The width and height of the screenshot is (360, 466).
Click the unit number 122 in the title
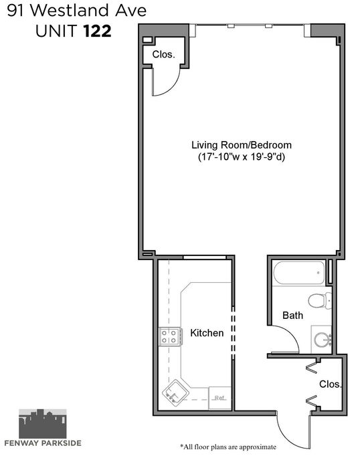[x=97, y=31]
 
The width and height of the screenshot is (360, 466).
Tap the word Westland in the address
[x=70, y=11]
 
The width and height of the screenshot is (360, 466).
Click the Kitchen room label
[x=207, y=333]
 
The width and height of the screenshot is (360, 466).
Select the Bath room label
[x=293, y=316]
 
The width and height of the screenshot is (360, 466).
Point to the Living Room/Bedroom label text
[x=242, y=145]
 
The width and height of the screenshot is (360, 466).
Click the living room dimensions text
[x=242, y=156]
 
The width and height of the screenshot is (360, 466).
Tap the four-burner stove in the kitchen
[x=169, y=336]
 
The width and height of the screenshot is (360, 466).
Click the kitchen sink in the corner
[x=175, y=392]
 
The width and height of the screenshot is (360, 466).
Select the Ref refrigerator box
[x=220, y=398]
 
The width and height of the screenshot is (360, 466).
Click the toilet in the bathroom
[x=320, y=300]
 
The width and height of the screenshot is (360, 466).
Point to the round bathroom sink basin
[x=323, y=340]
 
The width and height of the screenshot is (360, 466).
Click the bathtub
[x=299, y=273]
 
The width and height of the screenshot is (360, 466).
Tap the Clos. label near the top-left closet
[x=163, y=54]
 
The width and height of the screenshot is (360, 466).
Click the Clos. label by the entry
[x=331, y=384]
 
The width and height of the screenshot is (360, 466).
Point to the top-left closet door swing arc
[x=174, y=88]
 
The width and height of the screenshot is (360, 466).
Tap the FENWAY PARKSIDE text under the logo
[x=43, y=443]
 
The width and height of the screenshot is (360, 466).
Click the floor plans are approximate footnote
[x=228, y=447]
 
